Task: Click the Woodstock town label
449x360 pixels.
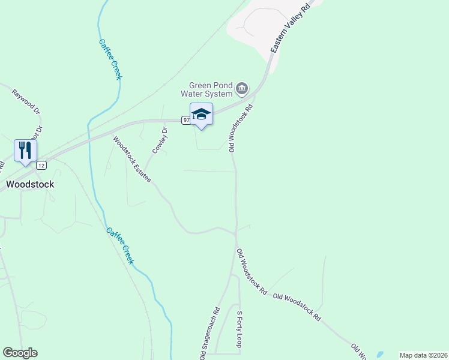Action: [30, 184]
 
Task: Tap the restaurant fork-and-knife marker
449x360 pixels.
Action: [25, 151]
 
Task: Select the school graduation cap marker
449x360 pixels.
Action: [201, 115]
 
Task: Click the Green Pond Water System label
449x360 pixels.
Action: [210, 89]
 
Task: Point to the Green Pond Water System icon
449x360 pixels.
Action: [241, 89]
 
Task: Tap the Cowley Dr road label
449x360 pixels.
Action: [160, 140]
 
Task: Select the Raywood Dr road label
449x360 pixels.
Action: [26, 102]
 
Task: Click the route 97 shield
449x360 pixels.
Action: [186, 120]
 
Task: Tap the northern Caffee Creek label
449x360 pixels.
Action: [110, 59]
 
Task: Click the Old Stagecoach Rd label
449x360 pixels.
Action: [209, 334]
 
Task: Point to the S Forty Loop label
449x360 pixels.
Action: [239, 329]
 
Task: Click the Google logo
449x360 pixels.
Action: [20, 353]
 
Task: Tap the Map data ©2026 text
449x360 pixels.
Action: [423, 355]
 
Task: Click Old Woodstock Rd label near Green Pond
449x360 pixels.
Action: [241, 128]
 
